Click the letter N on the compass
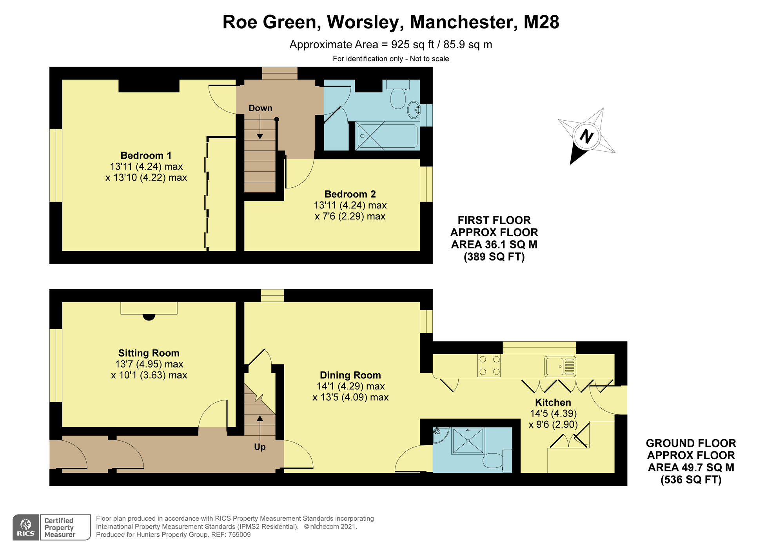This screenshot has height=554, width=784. [586, 136]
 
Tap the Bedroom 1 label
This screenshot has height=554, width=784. [146, 156]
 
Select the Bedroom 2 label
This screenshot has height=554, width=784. [350, 194]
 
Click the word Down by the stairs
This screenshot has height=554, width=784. [260, 108]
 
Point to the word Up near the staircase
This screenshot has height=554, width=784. [260, 447]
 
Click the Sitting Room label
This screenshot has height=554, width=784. [149, 353]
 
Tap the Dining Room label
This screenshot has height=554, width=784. [350, 375]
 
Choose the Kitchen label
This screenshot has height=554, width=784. [553, 402]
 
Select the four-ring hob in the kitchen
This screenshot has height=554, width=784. [489, 366]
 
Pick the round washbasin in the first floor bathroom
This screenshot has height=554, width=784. [414, 110]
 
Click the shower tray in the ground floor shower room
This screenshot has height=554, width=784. [468, 441]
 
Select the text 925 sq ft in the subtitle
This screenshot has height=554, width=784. [412, 45]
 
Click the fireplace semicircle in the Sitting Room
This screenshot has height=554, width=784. [149, 317]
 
